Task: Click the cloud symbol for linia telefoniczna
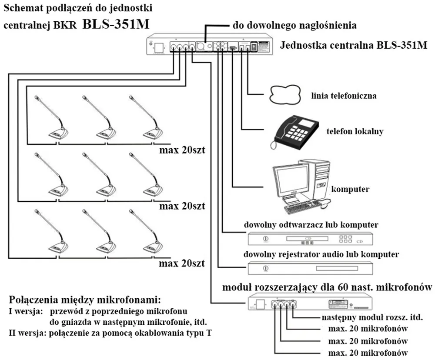pos(285,93)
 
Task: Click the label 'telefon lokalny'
pos(355,131)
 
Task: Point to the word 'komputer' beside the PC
pos(350,189)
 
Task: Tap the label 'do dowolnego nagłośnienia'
pos(295,25)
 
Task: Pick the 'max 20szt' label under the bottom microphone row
pos(182,263)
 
